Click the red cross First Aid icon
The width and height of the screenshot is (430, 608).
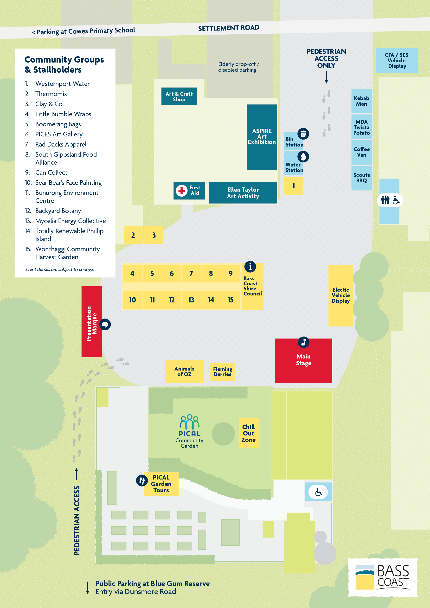[182, 190]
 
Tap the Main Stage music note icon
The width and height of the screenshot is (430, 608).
[303, 342]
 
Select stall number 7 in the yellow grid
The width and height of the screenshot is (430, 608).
[191, 274]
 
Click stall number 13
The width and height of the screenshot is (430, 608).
[191, 300]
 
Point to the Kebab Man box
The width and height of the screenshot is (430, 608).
[361, 101]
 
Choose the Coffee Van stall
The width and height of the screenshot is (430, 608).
[361, 152]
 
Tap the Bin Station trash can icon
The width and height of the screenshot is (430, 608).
[303, 134]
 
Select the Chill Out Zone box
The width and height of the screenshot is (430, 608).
[248, 433]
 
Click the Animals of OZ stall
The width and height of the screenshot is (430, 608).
[184, 371]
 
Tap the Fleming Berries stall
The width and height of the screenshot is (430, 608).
[222, 372]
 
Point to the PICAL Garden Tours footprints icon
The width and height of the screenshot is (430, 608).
[142, 480]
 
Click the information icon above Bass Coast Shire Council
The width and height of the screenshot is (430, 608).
[250, 267]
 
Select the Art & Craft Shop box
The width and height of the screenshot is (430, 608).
[179, 96]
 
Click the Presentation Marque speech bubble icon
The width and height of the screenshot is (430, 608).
[105, 324]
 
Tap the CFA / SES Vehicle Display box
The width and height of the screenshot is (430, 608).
[396, 61]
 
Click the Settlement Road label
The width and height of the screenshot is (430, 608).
[229, 28]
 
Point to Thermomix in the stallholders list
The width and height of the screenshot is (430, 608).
[51, 94]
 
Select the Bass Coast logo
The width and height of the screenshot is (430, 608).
[383, 577]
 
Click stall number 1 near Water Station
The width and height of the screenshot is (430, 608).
[293, 186]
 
